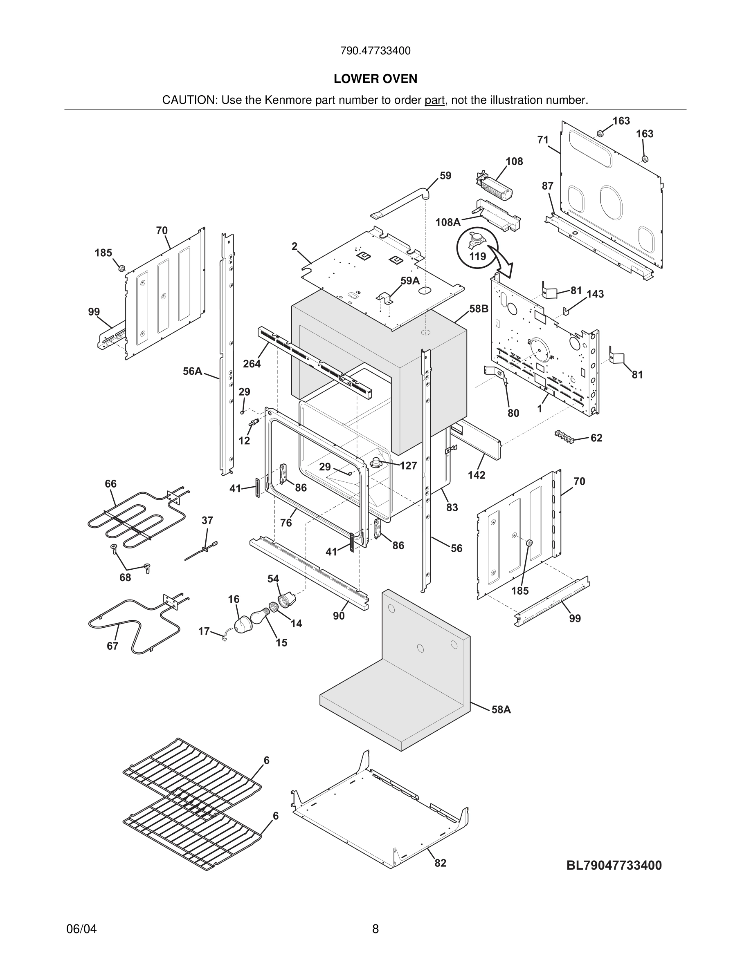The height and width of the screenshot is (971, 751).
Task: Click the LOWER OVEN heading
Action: pyautogui.click(x=375, y=79)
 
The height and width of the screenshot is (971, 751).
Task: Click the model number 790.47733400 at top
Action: pyautogui.click(x=375, y=51)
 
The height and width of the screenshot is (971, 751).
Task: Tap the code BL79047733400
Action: pyautogui.click(x=614, y=865)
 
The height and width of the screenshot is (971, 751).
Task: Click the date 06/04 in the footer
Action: pyautogui.click(x=81, y=929)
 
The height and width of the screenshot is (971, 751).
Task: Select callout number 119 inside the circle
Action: pyautogui.click(x=477, y=257)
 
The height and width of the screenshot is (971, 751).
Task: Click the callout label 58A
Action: pyautogui.click(x=501, y=709)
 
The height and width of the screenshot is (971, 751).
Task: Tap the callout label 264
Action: pyautogui.click(x=252, y=364)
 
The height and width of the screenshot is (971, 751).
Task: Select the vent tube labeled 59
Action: pyautogui.click(x=400, y=204)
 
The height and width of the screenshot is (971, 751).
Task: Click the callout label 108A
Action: pyautogui.click(x=447, y=222)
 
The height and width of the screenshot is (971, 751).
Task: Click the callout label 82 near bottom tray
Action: pyautogui.click(x=440, y=863)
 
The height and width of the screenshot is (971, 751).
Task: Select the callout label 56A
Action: pyautogui.click(x=192, y=371)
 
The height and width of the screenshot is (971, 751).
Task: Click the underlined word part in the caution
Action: pyautogui.click(x=435, y=101)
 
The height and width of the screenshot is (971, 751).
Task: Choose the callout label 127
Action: pyautogui.click(x=408, y=465)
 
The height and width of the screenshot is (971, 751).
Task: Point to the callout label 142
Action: pyautogui.click(x=477, y=475)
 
